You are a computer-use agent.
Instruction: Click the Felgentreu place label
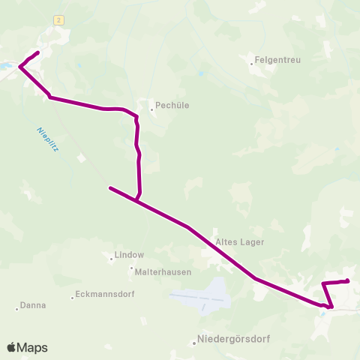[277, 60]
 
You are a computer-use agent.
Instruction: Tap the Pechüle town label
[172, 106]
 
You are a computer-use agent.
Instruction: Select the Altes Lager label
[240, 242]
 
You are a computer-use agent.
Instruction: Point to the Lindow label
[129, 255]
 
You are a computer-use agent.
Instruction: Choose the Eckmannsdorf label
[106, 294]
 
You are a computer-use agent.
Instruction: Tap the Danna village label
[34, 305]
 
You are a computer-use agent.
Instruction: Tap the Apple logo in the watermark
[12, 347]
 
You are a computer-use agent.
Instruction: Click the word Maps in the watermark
[33, 348]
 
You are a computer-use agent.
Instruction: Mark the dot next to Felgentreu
[252, 64]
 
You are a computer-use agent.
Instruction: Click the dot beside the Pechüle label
[151, 109]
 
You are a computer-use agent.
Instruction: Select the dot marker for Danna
[16, 308]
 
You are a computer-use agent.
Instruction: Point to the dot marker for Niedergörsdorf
[194, 343]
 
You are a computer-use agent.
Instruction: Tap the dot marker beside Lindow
[112, 259]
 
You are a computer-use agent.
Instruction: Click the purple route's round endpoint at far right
[347, 281]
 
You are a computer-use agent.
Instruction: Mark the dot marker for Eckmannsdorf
[72, 298]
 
